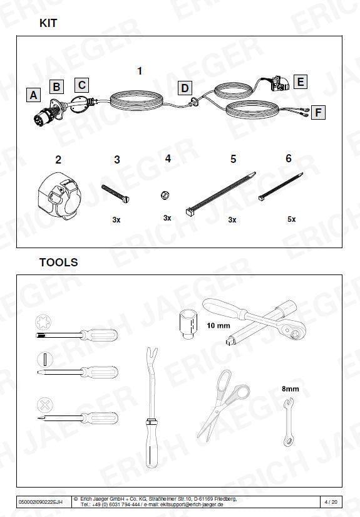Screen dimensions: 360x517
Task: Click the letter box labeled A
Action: (x=33, y=95)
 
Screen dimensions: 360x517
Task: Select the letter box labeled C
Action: (x=81, y=85)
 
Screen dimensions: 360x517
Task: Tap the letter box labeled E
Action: (x=300, y=81)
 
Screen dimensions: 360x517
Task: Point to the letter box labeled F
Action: (x=318, y=112)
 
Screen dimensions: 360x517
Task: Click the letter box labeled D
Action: (x=185, y=88)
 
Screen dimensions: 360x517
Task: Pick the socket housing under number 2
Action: (x=59, y=197)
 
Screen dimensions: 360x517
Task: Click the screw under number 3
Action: (x=116, y=194)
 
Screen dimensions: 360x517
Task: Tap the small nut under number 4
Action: (x=165, y=195)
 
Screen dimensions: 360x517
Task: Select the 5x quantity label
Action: (x=292, y=219)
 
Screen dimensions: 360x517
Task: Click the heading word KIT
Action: (x=48, y=23)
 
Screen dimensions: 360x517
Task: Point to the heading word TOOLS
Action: (x=59, y=262)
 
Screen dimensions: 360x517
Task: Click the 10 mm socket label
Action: (x=219, y=325)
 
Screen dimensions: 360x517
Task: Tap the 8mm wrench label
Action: (x=290, y=389)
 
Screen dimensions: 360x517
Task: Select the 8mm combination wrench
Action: (x=289, y=422)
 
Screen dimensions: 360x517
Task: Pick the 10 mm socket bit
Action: (x=188, y=324)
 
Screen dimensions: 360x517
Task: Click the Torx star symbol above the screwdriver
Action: (x=43, y=322)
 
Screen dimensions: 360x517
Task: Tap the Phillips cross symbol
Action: (x=45, y=405)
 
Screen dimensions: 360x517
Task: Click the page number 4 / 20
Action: (x=331, y=502)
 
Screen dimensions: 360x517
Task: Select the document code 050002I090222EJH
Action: (x=40, y=502)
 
